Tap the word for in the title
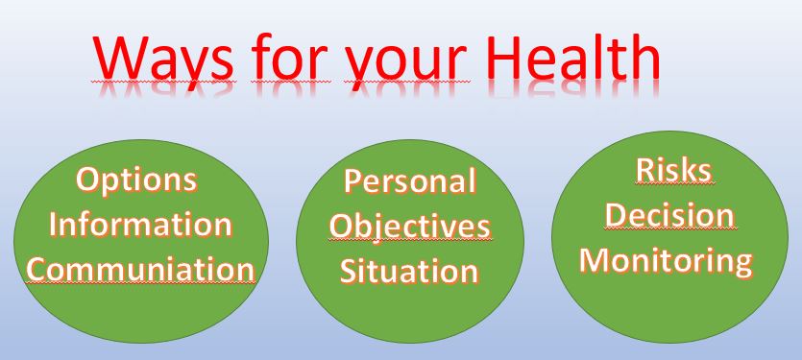(289, 57)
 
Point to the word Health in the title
(573, 57)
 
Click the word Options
(137, 181)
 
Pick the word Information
(140, 224)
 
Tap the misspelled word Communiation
(140, 269)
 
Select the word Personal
(410, 181)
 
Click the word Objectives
(410, 228)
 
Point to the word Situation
(409, 271)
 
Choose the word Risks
(673, 170)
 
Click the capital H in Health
(506, 58)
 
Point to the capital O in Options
(88, 180)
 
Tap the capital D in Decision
(617, 215)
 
